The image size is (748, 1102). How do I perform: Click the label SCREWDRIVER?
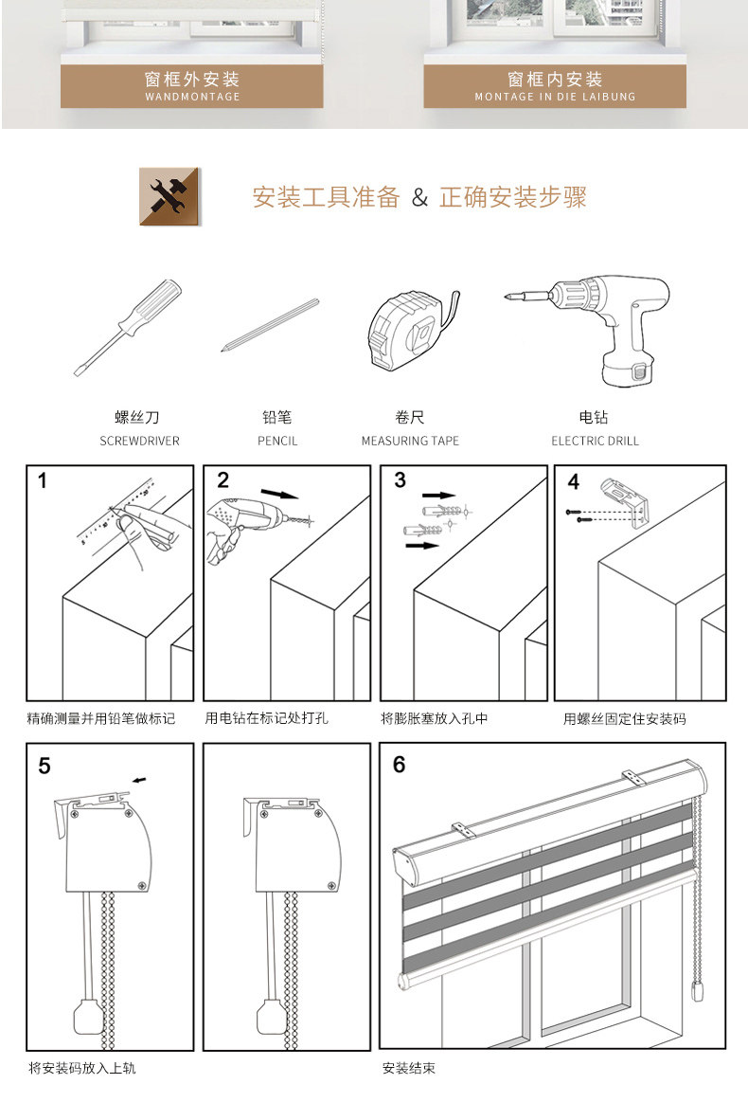click(139, 441)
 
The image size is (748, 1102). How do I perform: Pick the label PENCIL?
click(277, 441)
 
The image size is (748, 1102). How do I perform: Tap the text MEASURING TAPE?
click(410, 441)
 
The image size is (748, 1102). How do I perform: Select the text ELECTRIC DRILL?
click(595, 441)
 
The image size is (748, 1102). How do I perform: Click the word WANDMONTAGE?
click(192, 97)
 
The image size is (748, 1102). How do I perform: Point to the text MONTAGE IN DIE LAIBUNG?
click(555, 97)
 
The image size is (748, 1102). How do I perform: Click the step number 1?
click(43, 481)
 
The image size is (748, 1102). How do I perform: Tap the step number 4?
click(573, 482)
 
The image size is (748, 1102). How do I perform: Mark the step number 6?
click(399, 764)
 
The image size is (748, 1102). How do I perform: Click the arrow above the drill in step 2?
click(278, 494)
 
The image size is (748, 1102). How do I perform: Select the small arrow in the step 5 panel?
click(140, 780)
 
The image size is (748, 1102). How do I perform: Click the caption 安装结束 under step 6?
click(409, 1069)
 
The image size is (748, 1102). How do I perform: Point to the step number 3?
click(400, 480)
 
